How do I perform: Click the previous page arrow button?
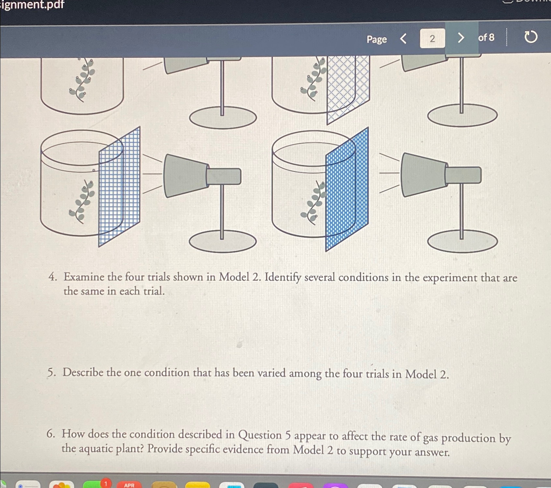(x=403, y=38)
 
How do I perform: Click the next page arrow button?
(x=460, y=38)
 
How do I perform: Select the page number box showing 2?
(x=432, y=38)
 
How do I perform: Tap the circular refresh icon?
(x=530, y=37)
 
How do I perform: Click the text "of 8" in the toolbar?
(x=486, y=37)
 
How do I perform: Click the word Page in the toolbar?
(x=377, y=39)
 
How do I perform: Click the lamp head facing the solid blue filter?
(x=424, y=175)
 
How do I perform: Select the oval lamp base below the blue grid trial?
(x=223, y=242)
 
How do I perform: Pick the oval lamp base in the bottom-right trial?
(x=462, y=242)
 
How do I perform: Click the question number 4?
(x=52, y=277)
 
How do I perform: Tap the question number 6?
(x=51, y=434)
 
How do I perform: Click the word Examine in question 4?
(x=84, y=277)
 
